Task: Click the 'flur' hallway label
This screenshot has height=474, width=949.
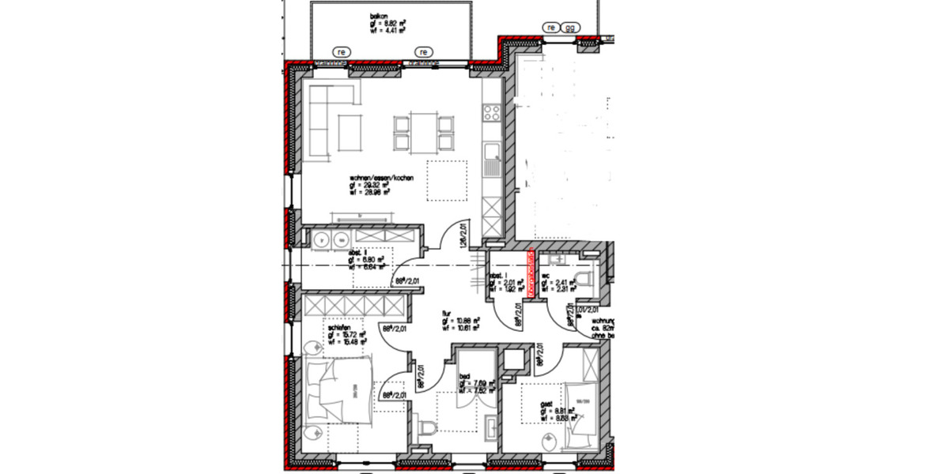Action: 446,314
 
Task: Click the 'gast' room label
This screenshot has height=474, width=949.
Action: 546,403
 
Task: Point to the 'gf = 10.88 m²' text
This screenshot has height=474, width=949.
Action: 459,322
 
